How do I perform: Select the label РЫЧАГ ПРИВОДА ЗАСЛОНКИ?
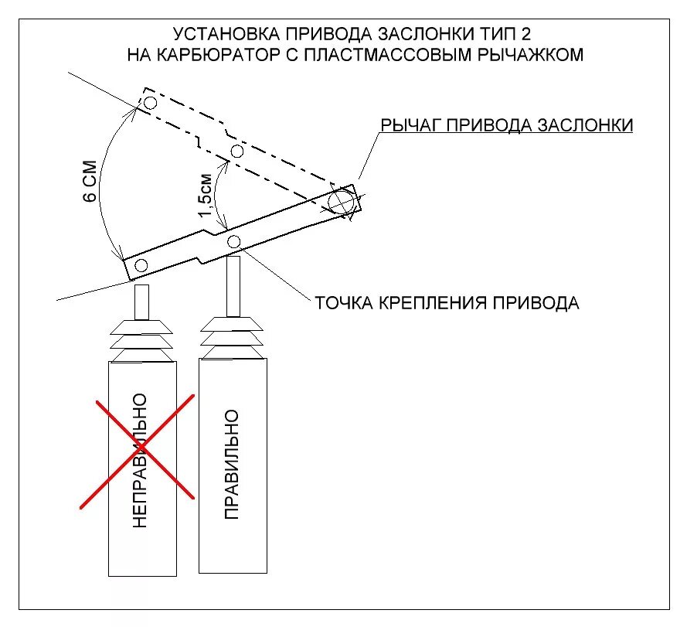(506, 125)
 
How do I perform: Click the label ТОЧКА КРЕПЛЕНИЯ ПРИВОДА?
(447, 302)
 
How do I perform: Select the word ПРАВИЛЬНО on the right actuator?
(231, 464)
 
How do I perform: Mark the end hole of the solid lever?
(141, 266)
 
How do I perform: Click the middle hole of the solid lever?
(234, 242)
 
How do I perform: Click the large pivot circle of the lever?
(340, 203)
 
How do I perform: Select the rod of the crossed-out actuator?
(141, 302)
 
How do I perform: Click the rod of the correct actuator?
(233, 285)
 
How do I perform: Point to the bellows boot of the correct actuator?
(233, 336)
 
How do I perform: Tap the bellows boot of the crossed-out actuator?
(141, 339)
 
